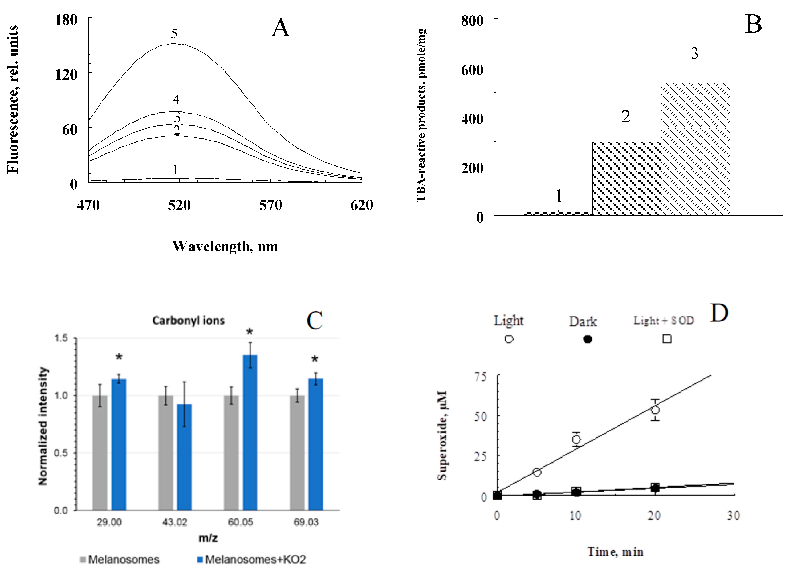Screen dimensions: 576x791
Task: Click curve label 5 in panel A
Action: pyautogui.click(x=174, y=34)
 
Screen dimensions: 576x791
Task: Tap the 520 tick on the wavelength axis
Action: pyautogui.click(x=179, y=205)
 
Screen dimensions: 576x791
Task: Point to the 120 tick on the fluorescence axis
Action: pyautogui.click(x=66, y=74)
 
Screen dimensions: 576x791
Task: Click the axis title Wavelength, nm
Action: pyautogui.click(x=225, y=247)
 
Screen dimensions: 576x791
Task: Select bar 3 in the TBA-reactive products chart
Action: pyautogui.click(x=695, y=149)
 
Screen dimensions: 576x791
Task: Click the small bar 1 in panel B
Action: pyautogui.click(x=558, y=213)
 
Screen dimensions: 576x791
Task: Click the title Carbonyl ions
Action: pyautogui.click(x=188, y=320)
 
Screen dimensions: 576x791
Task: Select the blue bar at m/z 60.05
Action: pyautogui.click(x=250, y=432)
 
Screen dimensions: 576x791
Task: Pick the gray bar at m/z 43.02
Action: pyautogui.click(x=166, y=453)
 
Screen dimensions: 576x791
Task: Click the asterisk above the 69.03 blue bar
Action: pyautogui.click(x=315, y=359)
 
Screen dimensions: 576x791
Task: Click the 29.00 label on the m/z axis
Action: pyautogui.click(x=109, y=522)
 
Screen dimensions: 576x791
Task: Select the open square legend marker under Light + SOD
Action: pyautogui.click(x=667, y=339)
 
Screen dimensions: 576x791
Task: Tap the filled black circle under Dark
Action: pyautogui.click(x=588, y=339)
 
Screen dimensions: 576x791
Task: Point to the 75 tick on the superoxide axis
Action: pyautogui.click(x=480, y=377)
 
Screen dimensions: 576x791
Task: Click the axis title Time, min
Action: pyautogui.click(x=615, y=551)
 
